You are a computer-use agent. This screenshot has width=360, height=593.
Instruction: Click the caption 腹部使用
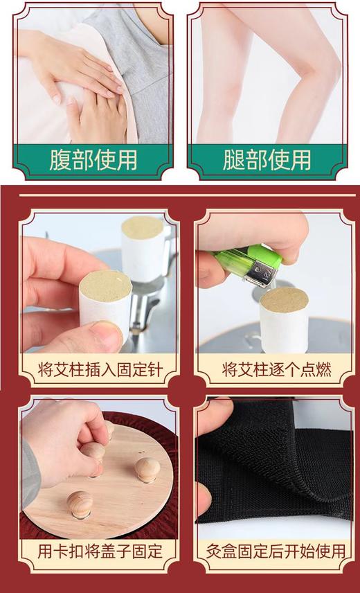click(x=93, y=159)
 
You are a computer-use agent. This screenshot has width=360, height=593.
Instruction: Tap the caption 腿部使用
click(x=267, y=159)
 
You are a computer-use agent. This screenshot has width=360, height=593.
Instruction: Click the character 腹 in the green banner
click(x=61, y=159)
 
